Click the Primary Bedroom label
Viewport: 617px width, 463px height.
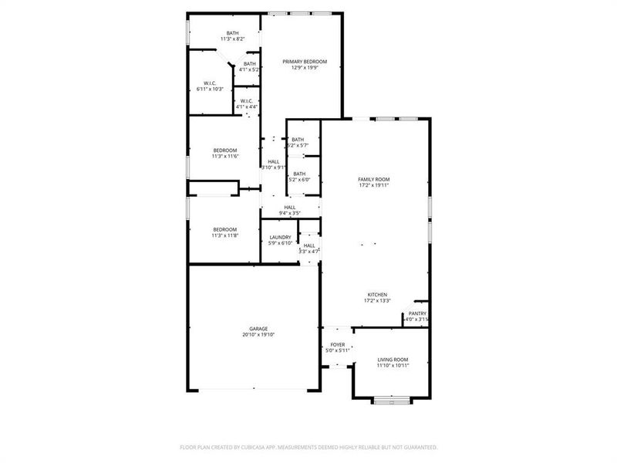point(305,61)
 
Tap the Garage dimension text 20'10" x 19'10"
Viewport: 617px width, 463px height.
point(253,335)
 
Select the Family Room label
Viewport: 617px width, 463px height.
point(374,179)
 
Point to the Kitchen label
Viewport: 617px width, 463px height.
point(377,295)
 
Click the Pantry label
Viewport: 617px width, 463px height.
point(417,313)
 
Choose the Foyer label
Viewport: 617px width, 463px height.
point(338,344)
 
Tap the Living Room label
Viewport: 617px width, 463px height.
point(393,360)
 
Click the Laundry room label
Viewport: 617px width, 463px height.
point(280,237)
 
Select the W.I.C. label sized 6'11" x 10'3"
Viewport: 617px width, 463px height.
point(210,83)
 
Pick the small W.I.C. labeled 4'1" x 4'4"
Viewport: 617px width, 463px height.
point(246,101)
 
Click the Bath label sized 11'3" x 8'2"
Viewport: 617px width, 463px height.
point(232,33)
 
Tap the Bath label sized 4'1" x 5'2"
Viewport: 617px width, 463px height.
point(249,64)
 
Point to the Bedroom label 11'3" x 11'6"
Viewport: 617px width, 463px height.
point(225,150)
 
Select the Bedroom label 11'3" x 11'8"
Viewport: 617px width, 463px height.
point(225,229)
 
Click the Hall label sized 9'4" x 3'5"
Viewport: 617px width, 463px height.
point(290,207)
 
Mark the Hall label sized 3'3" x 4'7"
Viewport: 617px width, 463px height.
point(308,245)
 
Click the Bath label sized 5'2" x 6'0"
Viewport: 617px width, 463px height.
point(298,174)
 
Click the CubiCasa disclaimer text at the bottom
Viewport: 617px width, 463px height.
point(308,447)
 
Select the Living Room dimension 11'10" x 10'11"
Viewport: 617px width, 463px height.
point(393,366)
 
